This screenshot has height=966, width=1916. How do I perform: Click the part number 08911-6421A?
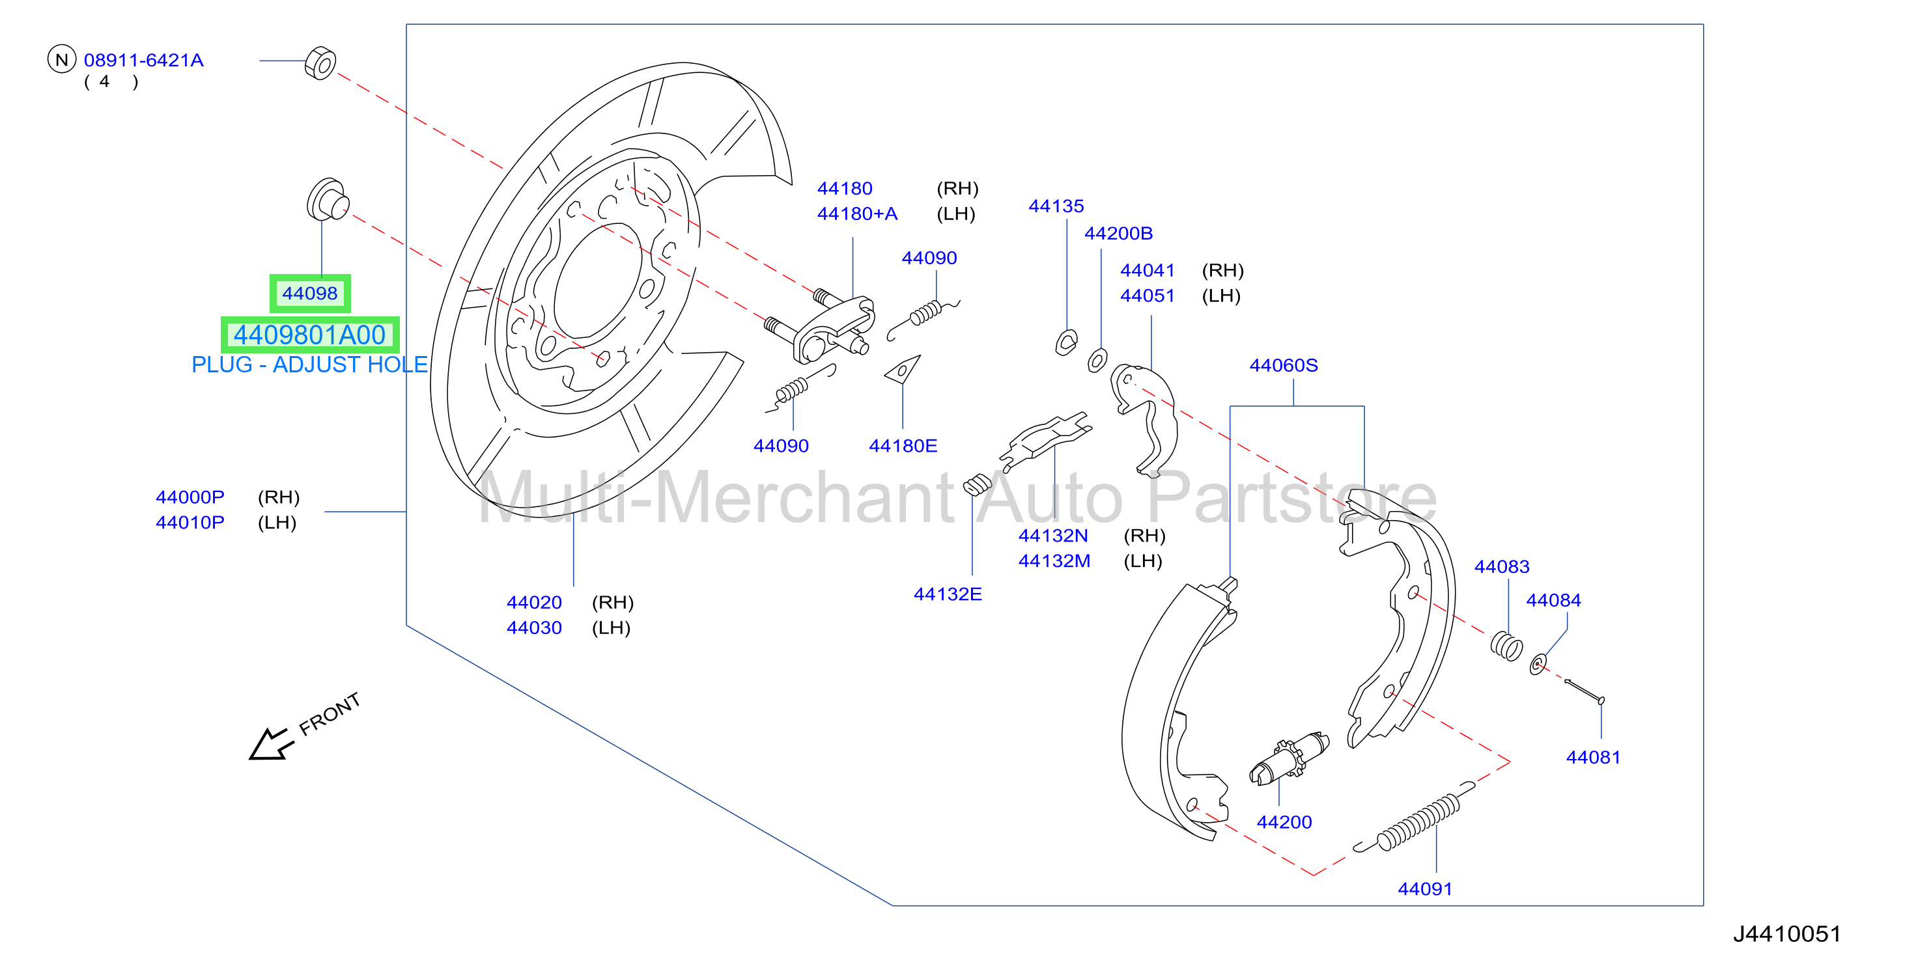tap(143, 61)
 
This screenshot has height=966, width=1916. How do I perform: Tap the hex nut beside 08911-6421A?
tap(320, 63)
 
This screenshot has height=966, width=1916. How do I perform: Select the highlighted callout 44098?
tap(309, 294)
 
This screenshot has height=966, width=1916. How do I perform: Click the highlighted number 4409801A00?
tap(309, 335)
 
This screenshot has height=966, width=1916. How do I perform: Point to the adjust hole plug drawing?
tap(328, 199)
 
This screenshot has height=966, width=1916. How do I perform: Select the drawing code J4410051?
tap(1786, 934)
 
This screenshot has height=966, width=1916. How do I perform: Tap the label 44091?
tap(1424, 889)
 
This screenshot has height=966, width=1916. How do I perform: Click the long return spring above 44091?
tap(1414, 818)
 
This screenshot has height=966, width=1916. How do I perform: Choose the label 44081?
tap(1592, 757)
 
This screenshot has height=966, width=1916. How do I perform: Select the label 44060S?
tap(1283, 365)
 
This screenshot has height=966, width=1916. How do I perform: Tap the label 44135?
tap(1056, 206)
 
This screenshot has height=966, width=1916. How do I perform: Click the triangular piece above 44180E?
tap(902, 369)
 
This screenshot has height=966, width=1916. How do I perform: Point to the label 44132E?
tap(948, 594)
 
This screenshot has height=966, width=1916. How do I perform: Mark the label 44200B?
tap(1118, 234)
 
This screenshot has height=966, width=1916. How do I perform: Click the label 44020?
tap(534, 602)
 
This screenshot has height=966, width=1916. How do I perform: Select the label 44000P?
tap(190, 497)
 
